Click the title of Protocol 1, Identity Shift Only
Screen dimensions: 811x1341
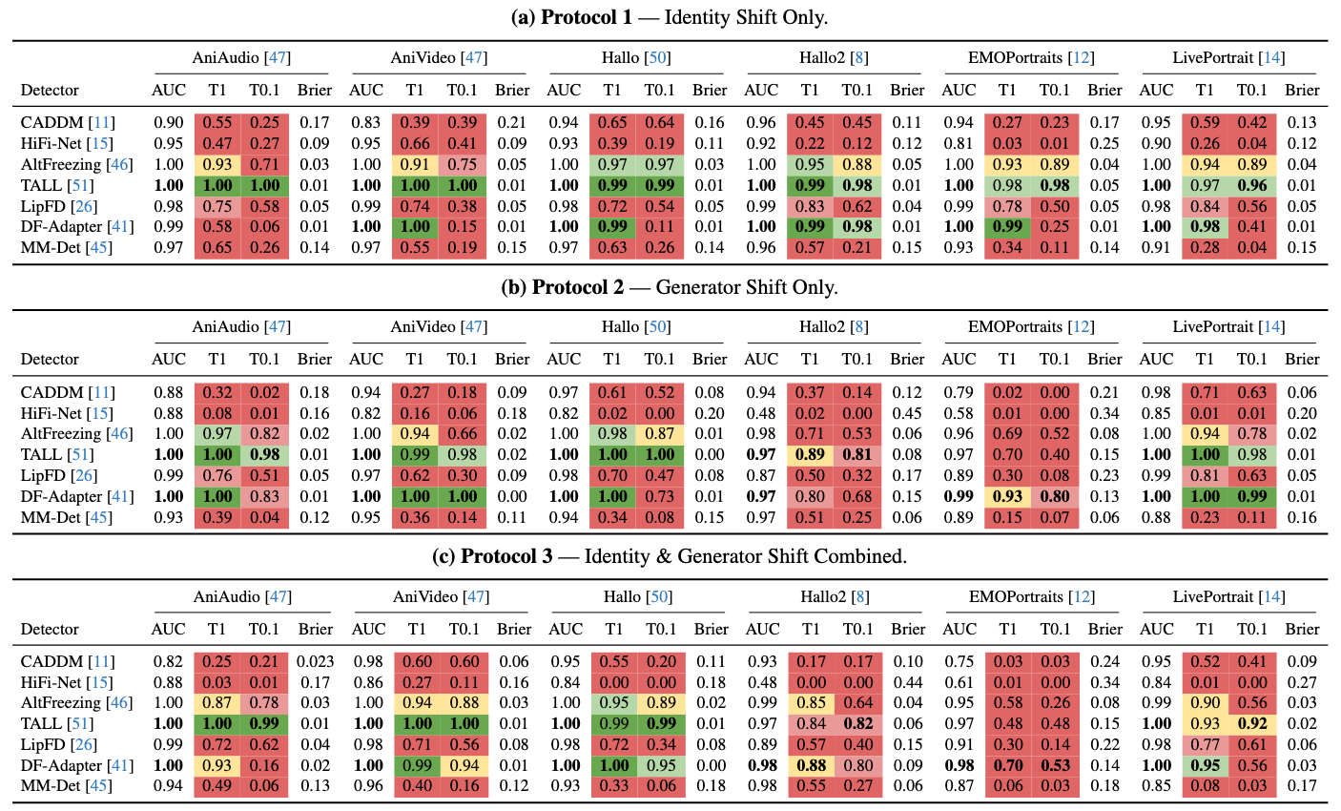click(670, 18)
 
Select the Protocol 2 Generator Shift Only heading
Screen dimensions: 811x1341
click(670, 287)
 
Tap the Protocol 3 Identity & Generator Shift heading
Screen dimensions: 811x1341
click(670, 556)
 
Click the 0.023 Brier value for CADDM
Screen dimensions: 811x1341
click(315, 661)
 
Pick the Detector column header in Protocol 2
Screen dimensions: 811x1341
click(50, 360)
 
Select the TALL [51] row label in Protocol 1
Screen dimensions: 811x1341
click(57, 185)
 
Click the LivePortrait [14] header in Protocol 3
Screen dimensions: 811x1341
click(1228, 596)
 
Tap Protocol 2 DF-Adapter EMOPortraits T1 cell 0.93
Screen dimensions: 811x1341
click(1007, 496)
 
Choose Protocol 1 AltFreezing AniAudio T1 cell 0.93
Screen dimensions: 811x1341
click(217, 164)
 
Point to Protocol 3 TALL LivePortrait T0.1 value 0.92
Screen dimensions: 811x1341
click(1252, 723)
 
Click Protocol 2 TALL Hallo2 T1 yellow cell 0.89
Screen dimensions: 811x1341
click(810, 454)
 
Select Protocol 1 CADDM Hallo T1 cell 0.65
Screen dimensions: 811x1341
click(612, 122)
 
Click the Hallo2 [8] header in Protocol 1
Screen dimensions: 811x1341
click(834, 57)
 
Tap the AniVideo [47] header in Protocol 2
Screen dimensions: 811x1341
click(439, 326)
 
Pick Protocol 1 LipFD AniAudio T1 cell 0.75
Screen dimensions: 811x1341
click(217, 206)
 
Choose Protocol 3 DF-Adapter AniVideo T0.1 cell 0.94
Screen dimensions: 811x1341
click(464, 765)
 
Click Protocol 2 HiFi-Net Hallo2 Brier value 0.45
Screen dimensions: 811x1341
click(907, 413)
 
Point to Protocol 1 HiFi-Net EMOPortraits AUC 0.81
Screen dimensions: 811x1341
click(959, 143)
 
